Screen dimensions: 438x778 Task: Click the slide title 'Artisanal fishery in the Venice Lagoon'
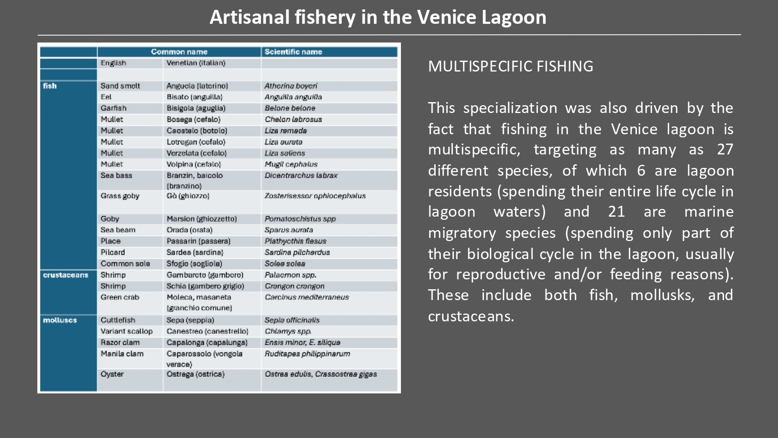378,17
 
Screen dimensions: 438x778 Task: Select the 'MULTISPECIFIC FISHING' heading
510,66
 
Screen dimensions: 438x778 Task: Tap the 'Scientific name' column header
293,52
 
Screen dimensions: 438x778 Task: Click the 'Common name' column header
179,52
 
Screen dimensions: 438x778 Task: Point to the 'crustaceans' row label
65,275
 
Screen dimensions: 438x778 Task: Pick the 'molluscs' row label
60,320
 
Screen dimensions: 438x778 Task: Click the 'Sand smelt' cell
120,86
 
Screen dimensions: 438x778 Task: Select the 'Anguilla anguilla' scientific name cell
293,97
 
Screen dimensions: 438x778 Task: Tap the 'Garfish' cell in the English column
114,108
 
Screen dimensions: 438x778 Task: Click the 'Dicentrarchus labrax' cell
301,176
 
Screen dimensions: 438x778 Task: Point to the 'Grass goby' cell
119,196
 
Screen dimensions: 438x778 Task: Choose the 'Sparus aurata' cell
288,230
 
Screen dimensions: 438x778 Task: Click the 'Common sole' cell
125,264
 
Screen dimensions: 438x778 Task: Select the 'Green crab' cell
120,298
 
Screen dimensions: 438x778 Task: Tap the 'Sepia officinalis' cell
292,320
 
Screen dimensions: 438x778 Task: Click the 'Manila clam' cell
122,354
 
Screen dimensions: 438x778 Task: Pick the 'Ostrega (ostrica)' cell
196,374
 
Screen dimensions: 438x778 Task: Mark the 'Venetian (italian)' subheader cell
196,63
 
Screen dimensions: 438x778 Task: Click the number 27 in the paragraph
725,150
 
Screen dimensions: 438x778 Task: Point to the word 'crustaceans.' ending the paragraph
471,316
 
